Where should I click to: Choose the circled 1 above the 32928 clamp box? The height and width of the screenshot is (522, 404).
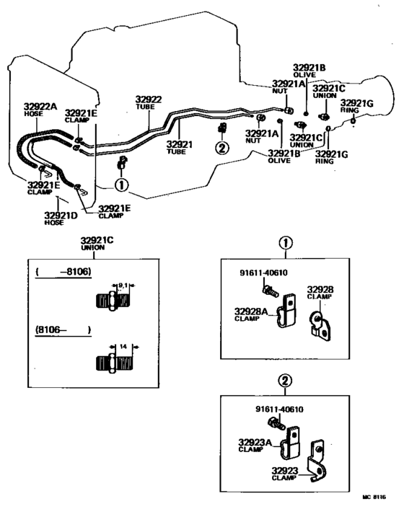coord(285,243)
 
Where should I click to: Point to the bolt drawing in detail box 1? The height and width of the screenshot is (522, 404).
coord(270,288)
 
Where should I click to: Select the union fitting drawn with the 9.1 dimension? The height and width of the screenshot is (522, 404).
coord(112,300)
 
